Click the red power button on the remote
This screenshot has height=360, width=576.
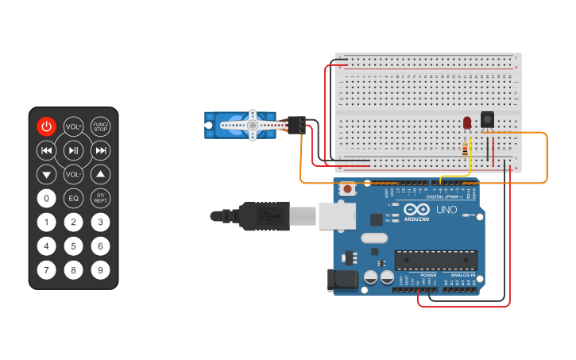tap(47, 126)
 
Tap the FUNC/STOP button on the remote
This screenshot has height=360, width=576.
tap(100, 126)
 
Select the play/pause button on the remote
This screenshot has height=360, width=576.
tap(74, 150)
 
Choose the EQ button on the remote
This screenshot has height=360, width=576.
tap(74, 198)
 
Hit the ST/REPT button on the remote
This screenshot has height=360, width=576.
tap(100, 198)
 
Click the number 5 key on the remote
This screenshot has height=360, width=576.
tap(74, 246)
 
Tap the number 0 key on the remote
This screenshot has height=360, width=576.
tap(47, 198)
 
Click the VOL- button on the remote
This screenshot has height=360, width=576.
tap(74, 174)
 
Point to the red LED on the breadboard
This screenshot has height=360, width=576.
tap(466, 123)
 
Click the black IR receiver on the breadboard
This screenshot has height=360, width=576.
tap(487, 119)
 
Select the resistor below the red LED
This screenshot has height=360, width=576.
tap(465, 148)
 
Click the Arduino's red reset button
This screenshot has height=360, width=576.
tap(347, 189)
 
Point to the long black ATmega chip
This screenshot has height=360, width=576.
tap(436, 260)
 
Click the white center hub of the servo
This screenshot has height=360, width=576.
tap(252, 125)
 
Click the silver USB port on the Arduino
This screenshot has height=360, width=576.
tap(337, 215)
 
